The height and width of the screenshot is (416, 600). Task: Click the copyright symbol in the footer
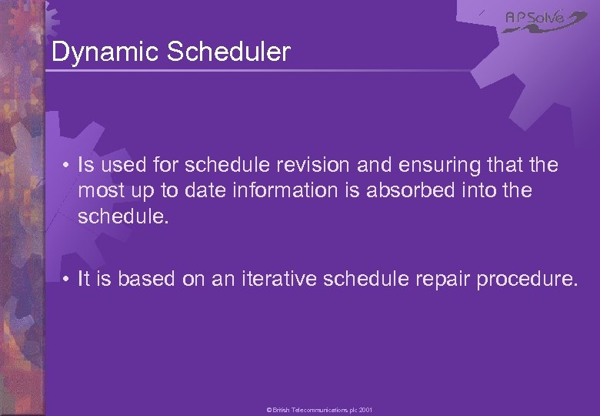click(269, 410)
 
